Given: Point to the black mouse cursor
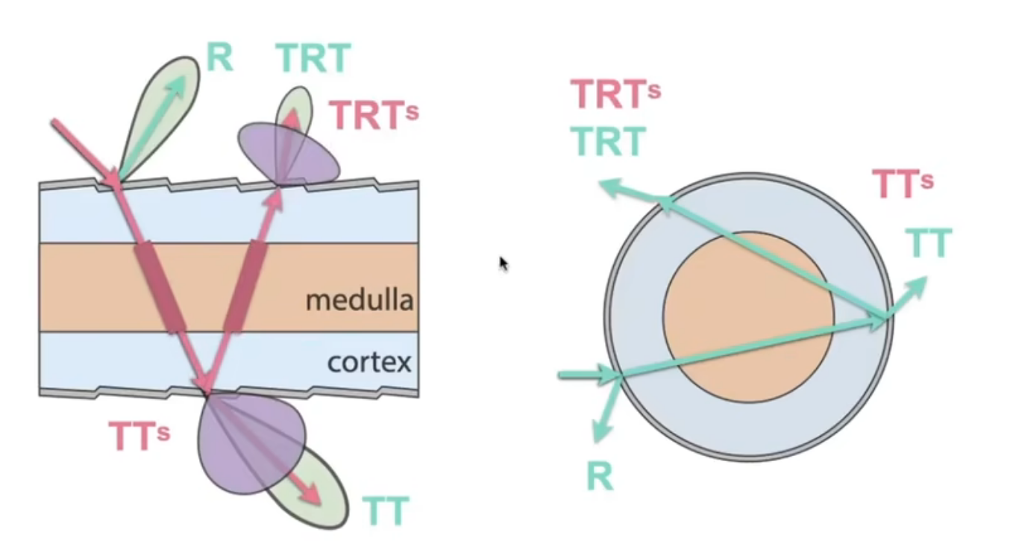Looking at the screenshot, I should click(504, 263).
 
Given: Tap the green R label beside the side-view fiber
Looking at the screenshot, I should click(219, 57).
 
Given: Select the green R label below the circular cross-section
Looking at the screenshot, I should click(600, 476).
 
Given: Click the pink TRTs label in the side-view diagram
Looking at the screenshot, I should click(373, 115).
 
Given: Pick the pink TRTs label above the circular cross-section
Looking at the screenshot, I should click(615, 94).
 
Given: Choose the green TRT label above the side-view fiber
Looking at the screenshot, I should click(313, 57).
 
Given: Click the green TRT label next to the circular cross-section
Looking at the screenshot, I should click(607, 141).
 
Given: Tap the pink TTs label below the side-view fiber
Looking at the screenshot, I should click(139, 436).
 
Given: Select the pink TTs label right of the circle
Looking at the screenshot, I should click(903, 184).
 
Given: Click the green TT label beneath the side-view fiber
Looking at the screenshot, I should click(386, 511).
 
